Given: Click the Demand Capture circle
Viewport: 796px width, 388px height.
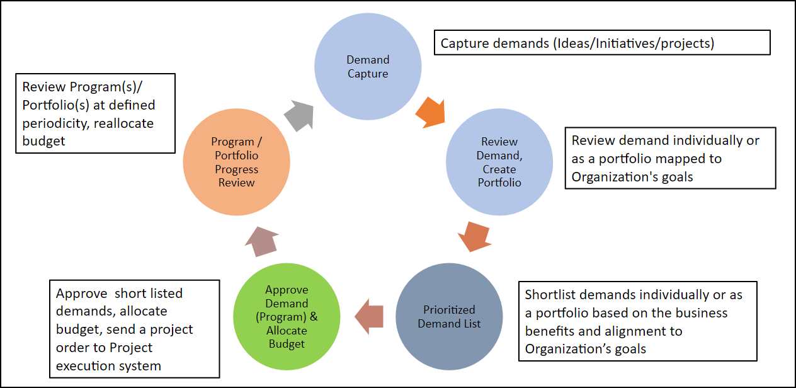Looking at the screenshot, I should point(368,67).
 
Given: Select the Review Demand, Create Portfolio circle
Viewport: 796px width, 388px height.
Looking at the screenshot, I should point(499,162).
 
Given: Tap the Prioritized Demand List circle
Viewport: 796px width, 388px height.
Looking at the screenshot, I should point(449,316).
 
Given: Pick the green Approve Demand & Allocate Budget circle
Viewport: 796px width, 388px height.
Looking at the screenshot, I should point(287,316).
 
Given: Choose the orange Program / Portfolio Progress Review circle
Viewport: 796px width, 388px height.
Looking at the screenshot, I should point(237,162).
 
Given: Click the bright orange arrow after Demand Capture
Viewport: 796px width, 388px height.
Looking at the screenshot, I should point(431,112).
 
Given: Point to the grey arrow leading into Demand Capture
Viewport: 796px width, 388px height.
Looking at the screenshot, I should point(299,115).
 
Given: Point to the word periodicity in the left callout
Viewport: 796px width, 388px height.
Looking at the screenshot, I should point(54,123).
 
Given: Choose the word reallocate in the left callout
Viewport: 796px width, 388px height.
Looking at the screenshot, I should point(123,123).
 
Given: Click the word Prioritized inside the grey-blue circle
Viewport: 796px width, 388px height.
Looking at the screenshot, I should point(449,310).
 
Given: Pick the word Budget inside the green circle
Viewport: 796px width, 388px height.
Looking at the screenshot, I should point(287,344).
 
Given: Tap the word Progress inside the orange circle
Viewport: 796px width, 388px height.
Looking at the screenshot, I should point(237,169).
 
